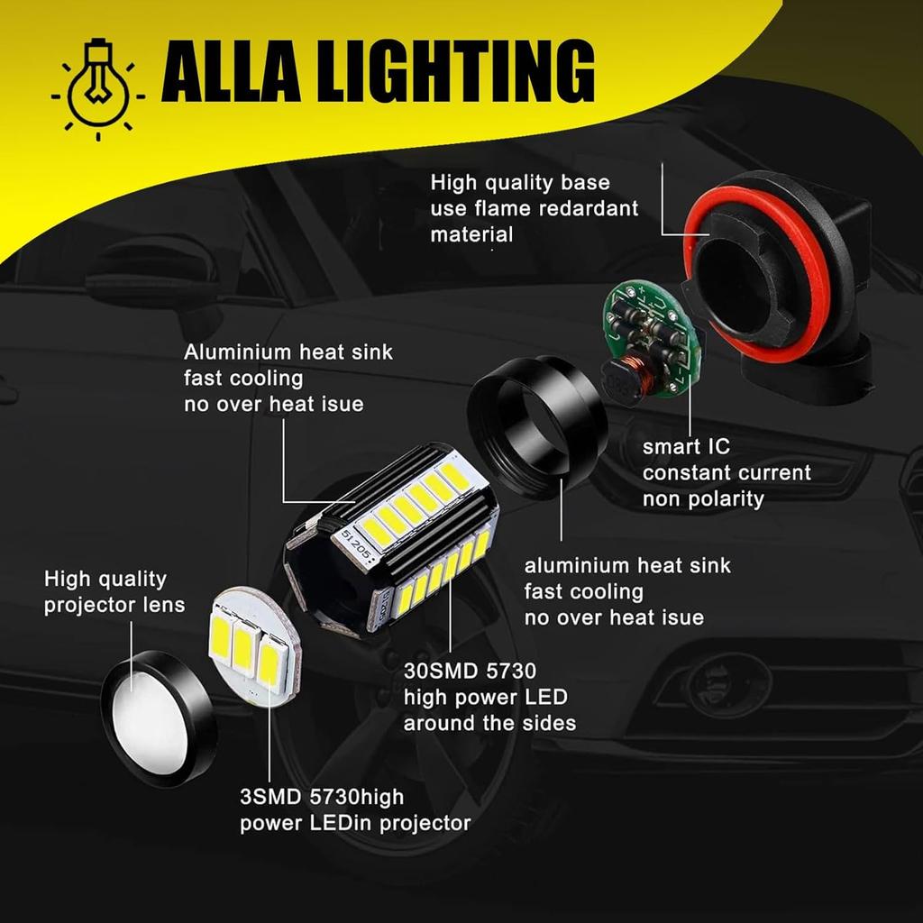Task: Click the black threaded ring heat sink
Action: [535, 424]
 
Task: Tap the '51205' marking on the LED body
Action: [355, 544]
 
